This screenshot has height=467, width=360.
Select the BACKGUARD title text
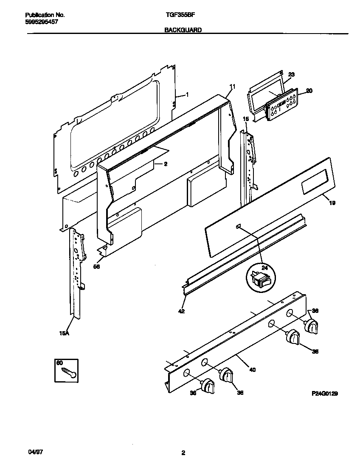click(183, 30)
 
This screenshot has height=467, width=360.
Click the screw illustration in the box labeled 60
click(69, 372)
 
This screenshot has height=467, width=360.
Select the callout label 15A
click(64, 334)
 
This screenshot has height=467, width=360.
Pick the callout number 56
click(97, 266)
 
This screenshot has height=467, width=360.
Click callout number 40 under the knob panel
click(252, 369)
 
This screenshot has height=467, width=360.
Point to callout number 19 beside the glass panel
click(332, 203)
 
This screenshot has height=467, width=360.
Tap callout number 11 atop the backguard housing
click(232, 87)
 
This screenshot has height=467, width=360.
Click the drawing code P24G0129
click(325, 394)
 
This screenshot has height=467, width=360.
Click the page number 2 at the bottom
click(183, 453)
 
